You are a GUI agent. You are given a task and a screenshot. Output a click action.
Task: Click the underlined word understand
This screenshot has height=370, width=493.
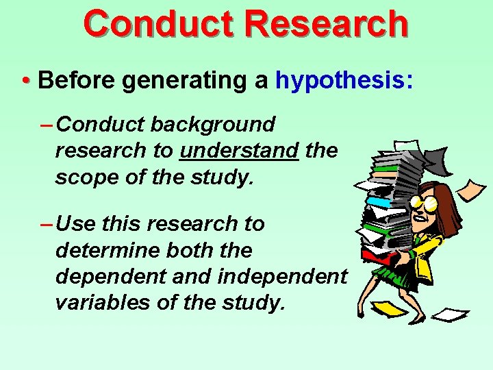239,150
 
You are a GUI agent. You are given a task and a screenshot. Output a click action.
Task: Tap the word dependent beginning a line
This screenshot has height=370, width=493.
108,275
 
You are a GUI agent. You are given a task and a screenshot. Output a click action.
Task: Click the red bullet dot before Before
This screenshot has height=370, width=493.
25,81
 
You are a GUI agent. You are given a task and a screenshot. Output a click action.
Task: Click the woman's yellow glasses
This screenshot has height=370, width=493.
420,203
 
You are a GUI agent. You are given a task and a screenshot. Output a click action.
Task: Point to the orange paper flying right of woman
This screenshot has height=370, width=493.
472,188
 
